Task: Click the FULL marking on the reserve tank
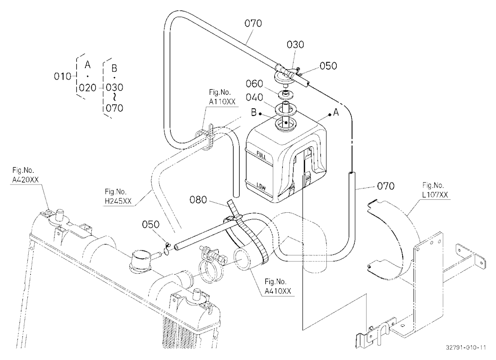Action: click(x=261, y=156)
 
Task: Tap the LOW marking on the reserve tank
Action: click(x=261, y=186)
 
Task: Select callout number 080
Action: click(x=198, y=200)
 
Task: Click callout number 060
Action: click(x=254, y=84)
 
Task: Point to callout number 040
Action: click(x=254, y=97)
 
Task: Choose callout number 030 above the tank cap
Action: click(x=295, y=45)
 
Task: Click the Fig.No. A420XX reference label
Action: click(x=25, y=175)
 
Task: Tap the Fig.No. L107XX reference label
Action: click(x=435, y=190)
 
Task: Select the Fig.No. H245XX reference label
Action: click(x=118, y=196)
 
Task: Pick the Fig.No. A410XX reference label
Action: click(x=278, y=286)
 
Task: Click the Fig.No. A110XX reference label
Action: click(x=222, y=97)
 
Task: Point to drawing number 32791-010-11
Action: click(x=466, y=347)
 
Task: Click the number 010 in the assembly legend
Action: click(x=62, y=76)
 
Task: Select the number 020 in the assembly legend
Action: click(x=88, y=88)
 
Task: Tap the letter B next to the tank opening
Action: click(x=253, y=112)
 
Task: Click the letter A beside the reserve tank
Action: click(x=336, y=112)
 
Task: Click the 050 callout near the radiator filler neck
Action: click(x=151, y=225)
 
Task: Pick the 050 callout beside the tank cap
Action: click(x=328, y=66)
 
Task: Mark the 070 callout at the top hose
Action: click(x=253, y=23)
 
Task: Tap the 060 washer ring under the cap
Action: click(x=286, y=94)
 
